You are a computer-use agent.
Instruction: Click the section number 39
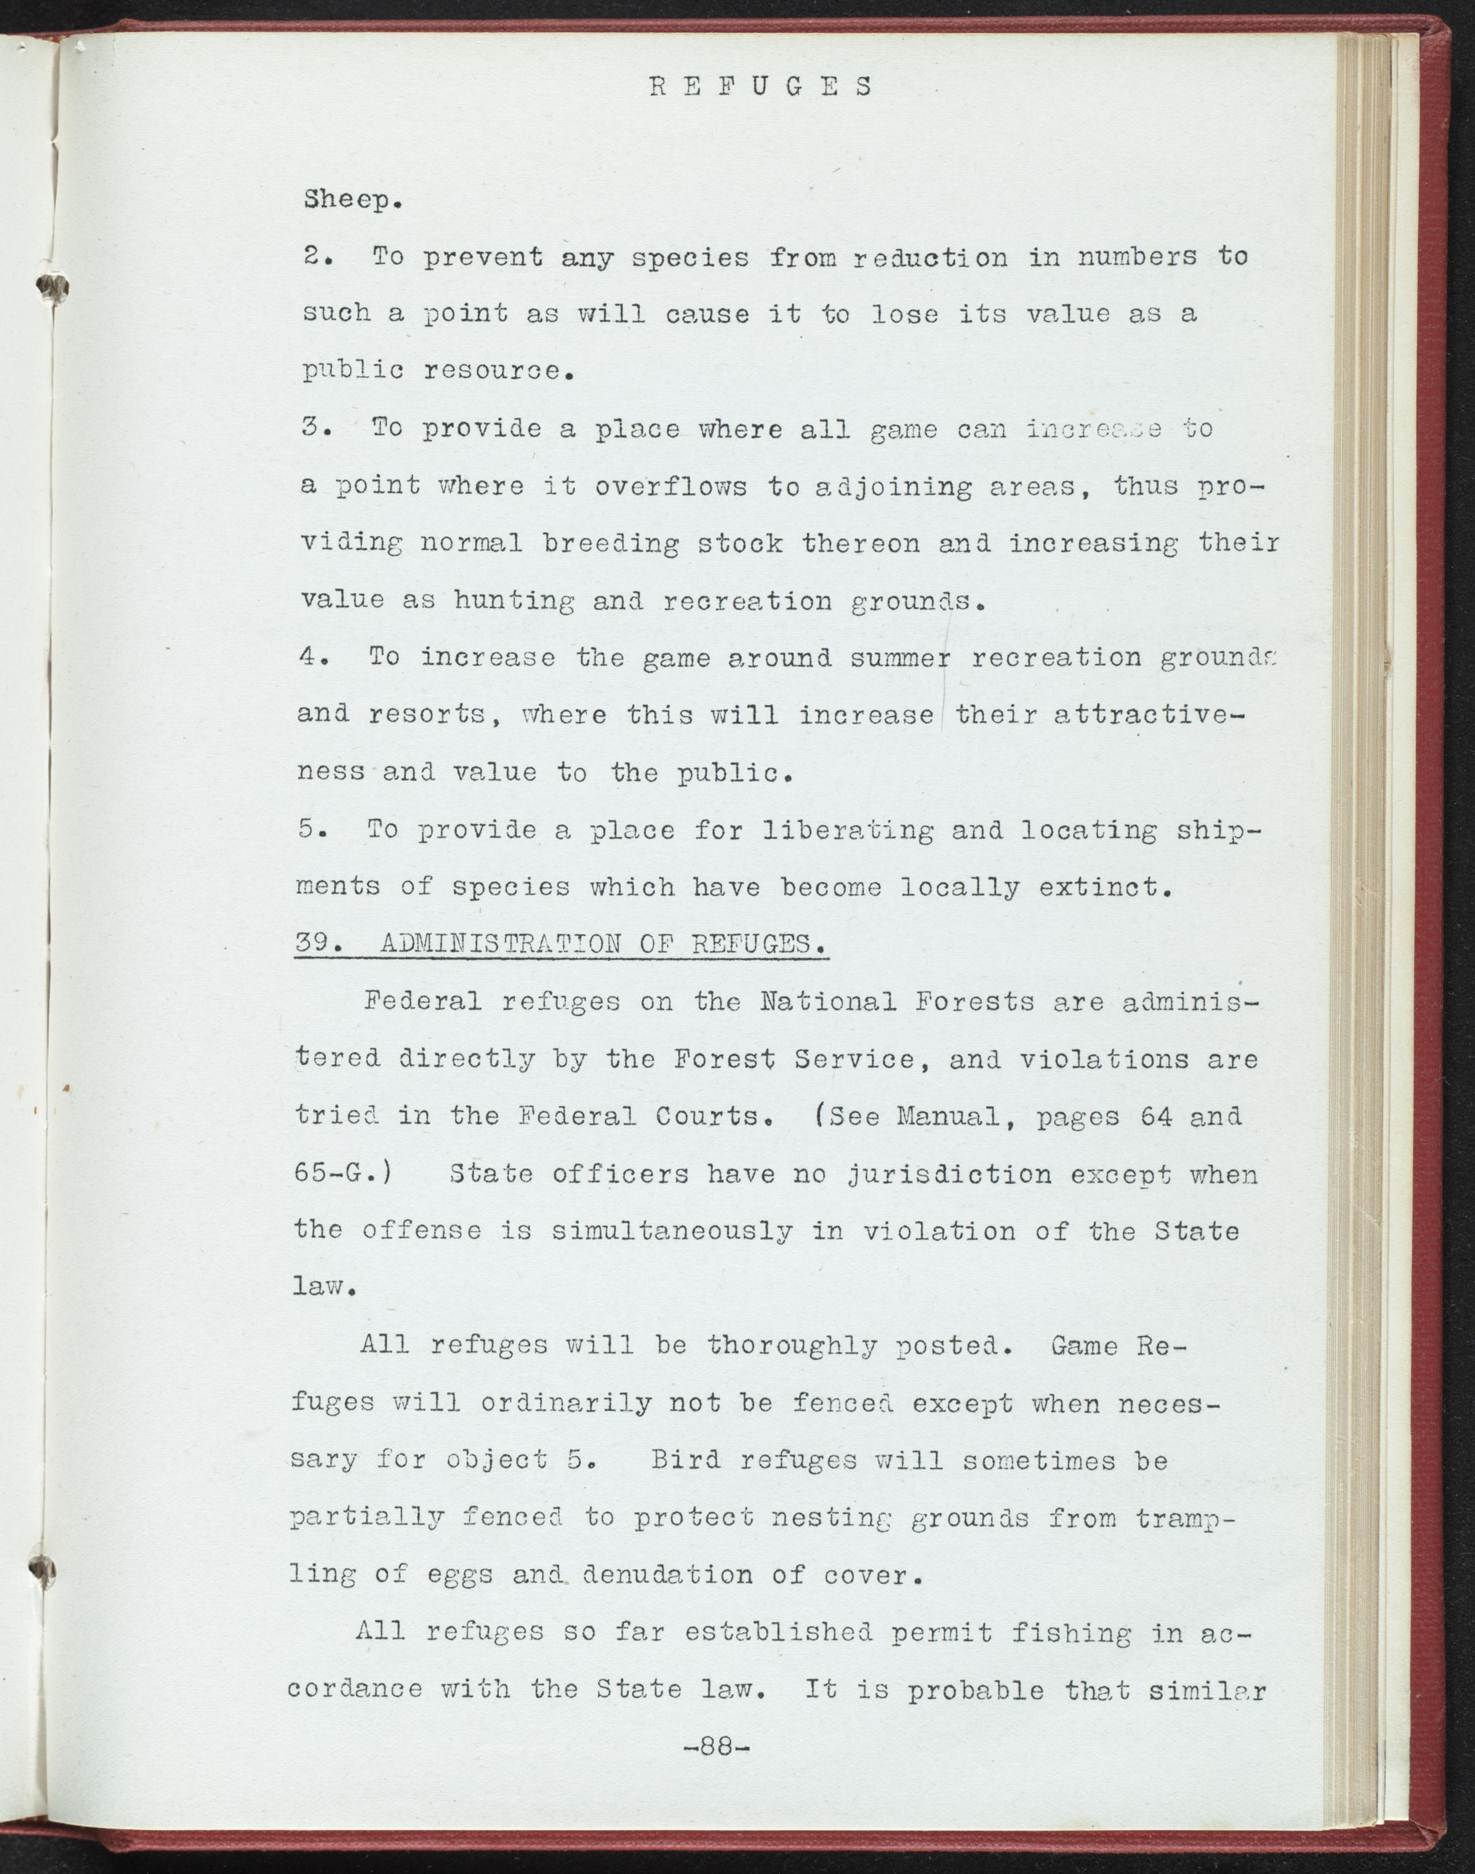pos(315,943)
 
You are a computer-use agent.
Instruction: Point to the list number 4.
pos(312,658)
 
